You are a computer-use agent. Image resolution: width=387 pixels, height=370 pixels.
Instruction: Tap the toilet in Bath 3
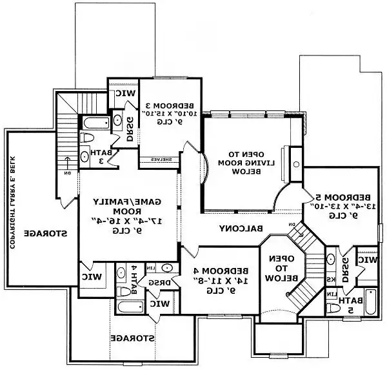(x=88, y=137)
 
